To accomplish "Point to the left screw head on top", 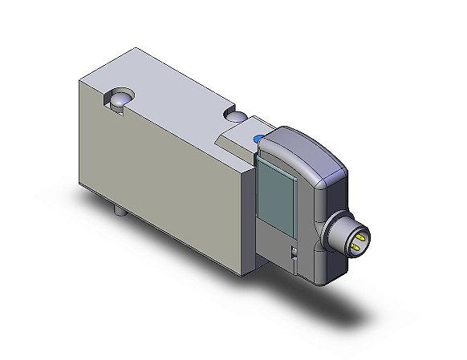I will [118, 99].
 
